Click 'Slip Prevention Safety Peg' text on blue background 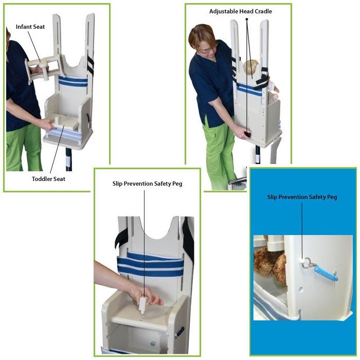click(x=302, y=197)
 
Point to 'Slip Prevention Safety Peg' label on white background click(x=147, y=184)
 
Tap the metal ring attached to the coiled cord click(x=308, y=263)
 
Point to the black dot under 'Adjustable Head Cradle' click(x=247, y=20)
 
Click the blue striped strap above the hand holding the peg click(x=150, y=264)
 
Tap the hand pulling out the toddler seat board click(x=49, y=123)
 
